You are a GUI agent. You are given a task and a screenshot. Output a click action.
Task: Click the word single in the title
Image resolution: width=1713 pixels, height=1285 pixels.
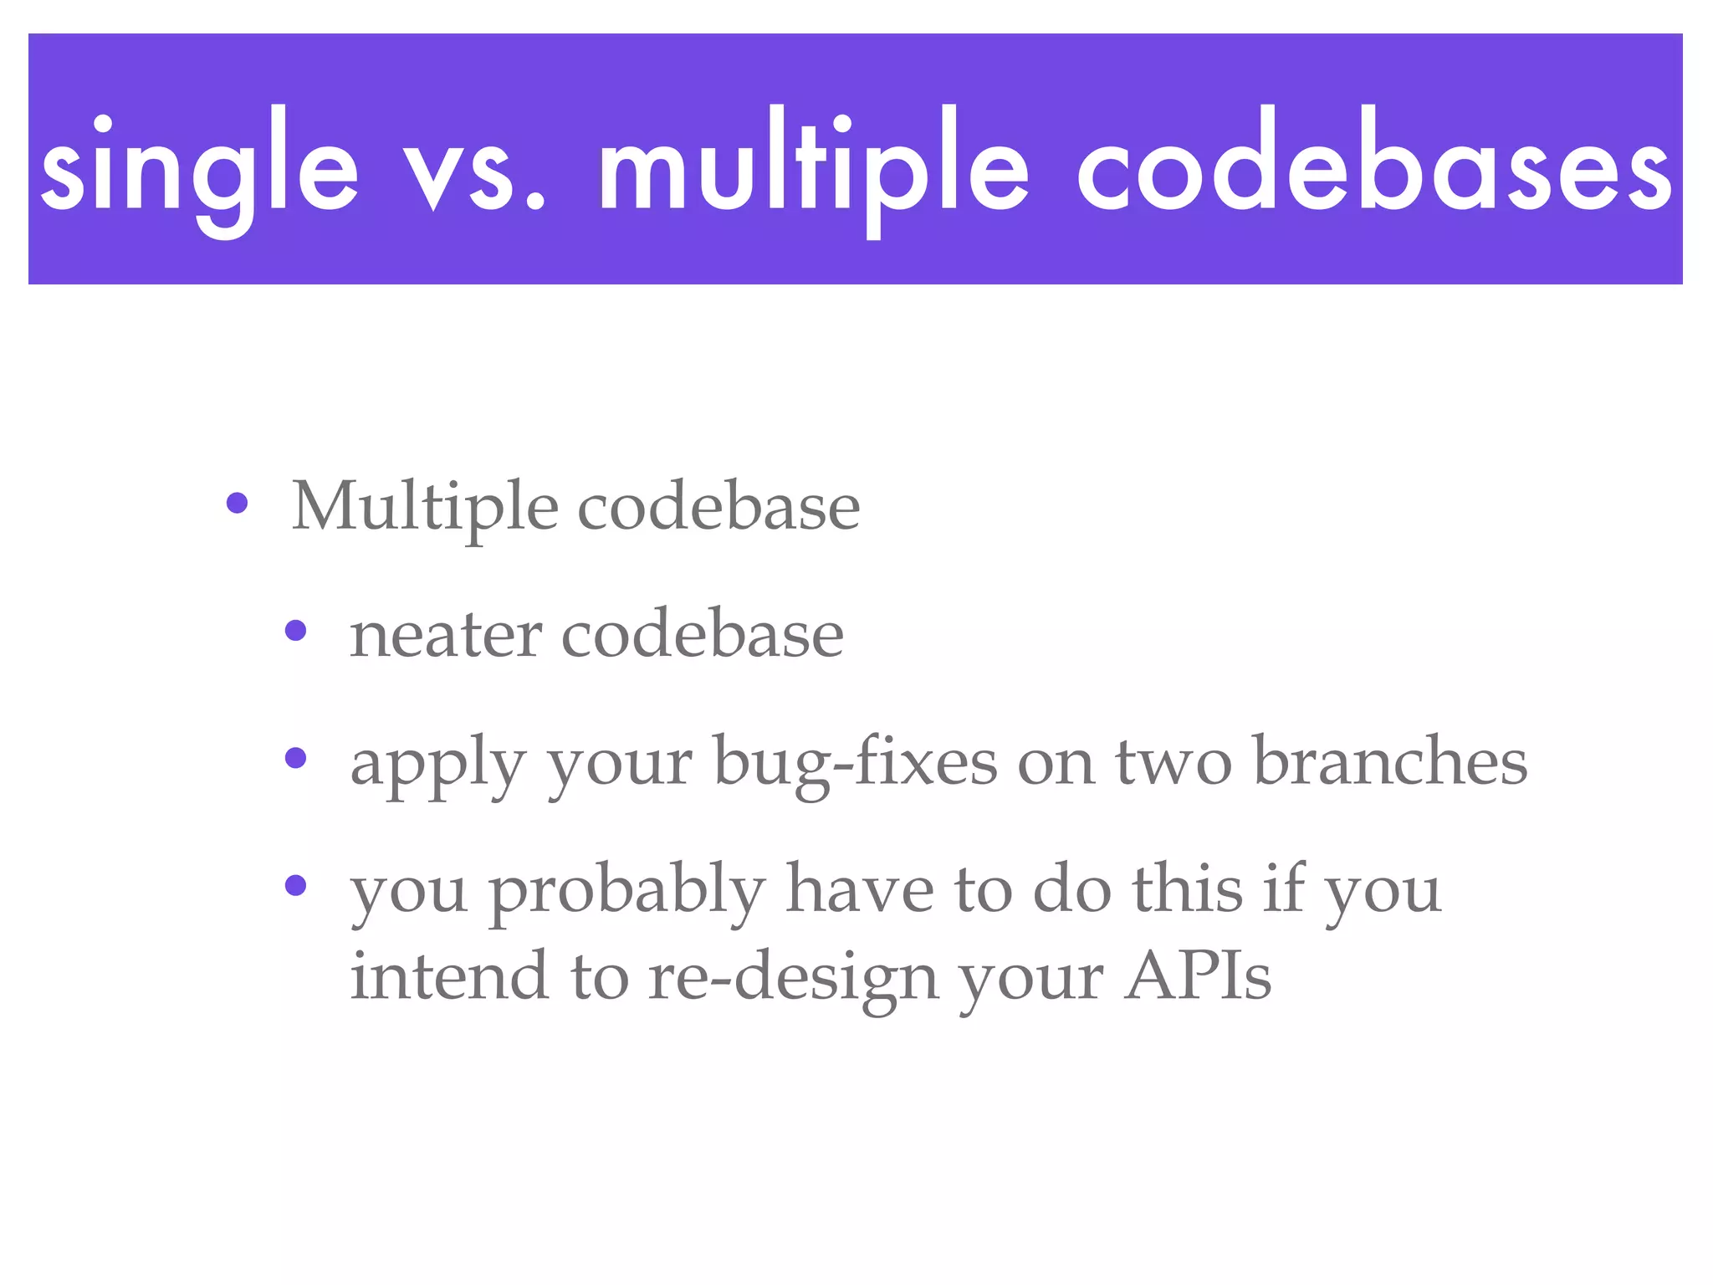tap(199, 167)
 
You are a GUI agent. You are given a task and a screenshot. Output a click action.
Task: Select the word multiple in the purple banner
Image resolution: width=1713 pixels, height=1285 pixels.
tap(813, 167)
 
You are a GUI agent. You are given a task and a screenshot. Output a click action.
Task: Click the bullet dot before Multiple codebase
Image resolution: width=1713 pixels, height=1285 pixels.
tap(238, 504)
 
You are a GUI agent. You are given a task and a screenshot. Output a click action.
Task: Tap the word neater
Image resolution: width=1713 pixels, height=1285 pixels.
tap(445, 636)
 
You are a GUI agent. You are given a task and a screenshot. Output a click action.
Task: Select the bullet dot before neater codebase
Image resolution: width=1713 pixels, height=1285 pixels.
tap(296, 631)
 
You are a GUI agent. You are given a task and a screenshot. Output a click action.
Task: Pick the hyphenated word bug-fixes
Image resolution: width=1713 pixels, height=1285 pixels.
tap(855, 763)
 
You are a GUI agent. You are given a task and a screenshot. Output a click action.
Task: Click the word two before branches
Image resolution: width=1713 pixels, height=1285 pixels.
tap(1173, 763)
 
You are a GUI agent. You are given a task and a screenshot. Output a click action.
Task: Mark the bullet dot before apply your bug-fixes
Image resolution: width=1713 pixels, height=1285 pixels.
tap(296, 758)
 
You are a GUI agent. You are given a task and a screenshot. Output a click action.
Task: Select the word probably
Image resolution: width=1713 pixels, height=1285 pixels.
tap(626, 892)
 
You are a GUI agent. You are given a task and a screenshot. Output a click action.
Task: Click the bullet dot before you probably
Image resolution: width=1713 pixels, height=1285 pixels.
tap(296, 885)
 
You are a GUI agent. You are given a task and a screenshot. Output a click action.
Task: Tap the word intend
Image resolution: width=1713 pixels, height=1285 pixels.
tap(448, 976)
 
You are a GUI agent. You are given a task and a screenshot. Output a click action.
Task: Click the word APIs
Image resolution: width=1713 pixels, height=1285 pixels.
tap(1198, 976)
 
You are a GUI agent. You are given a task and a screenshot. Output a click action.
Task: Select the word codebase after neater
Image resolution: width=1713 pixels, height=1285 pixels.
tap(702, 636)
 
